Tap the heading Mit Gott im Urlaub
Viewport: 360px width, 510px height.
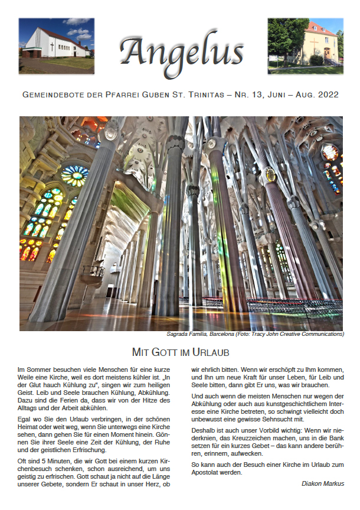pyautogui.click(x=180, y=352)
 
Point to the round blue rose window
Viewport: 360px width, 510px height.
pyautogui.click(x=75, y=175)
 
